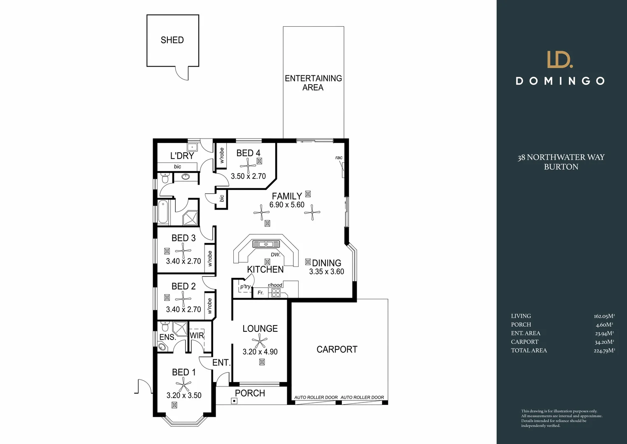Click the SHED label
[172, 40]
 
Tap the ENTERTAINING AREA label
[313, 83]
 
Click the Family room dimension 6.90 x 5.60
[287, 205]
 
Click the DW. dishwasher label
[276, 254]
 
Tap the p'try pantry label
[245, 287]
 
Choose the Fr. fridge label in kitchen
[260, 293]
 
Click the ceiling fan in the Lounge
[259, 341]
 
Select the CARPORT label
[337, 349]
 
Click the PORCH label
[250, 393]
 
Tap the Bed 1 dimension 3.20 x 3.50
[184, 395]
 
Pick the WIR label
[197, 335]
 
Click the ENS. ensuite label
[167, 338]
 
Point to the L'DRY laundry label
[182, 156]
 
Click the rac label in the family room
[339, 157]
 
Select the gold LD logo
[560, 59]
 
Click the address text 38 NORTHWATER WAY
[561, 157]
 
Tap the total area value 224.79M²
[604, 351]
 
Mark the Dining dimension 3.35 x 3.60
[327, 272]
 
